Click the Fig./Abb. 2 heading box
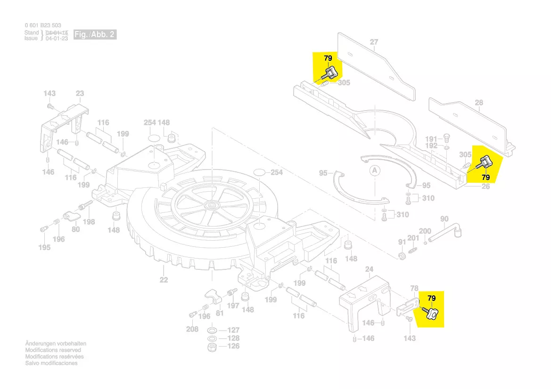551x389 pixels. click(x=94, y=35)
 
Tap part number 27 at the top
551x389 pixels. click(x=374, y=42)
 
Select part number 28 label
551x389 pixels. click(x=479, y=103)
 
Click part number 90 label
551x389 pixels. click(x=444, y=219)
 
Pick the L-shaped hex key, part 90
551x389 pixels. click(x=445, y=235)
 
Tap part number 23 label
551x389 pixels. click(x=80, y=94)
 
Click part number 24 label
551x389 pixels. click(x=370, y=269)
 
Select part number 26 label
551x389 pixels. click(x=485, y=186)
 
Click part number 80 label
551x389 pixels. click(x=75, y=230)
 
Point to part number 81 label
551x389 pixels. click(x=219, y=313)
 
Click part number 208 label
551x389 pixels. click(x=192, y=329)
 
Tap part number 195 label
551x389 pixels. click(x=44, y=248)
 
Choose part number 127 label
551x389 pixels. click(x=234, y=330)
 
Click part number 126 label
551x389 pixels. click(x=234, y=346)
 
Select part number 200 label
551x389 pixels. click(x=425, y=231)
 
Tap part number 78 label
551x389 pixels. click(x=414, y=288)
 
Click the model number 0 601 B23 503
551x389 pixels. click(x=43, y=25)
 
